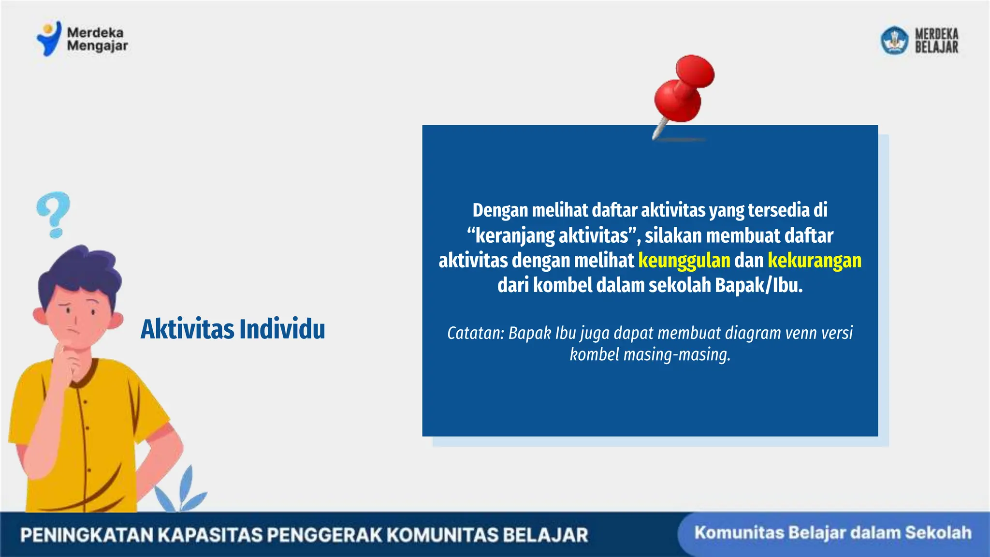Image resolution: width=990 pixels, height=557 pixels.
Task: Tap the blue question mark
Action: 53,213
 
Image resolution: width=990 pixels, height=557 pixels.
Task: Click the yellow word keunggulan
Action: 684,261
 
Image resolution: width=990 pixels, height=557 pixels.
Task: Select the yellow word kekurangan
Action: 814,261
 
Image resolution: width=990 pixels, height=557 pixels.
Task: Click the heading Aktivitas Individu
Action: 233,330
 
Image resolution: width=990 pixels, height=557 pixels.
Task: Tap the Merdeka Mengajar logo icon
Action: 49,39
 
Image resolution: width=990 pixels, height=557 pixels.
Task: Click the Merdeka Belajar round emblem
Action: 894,40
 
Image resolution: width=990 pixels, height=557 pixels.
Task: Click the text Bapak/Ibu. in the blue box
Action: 758,285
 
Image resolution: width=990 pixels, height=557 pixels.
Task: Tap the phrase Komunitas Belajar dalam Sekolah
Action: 832,533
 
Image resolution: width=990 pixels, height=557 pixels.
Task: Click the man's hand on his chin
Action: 70,360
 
